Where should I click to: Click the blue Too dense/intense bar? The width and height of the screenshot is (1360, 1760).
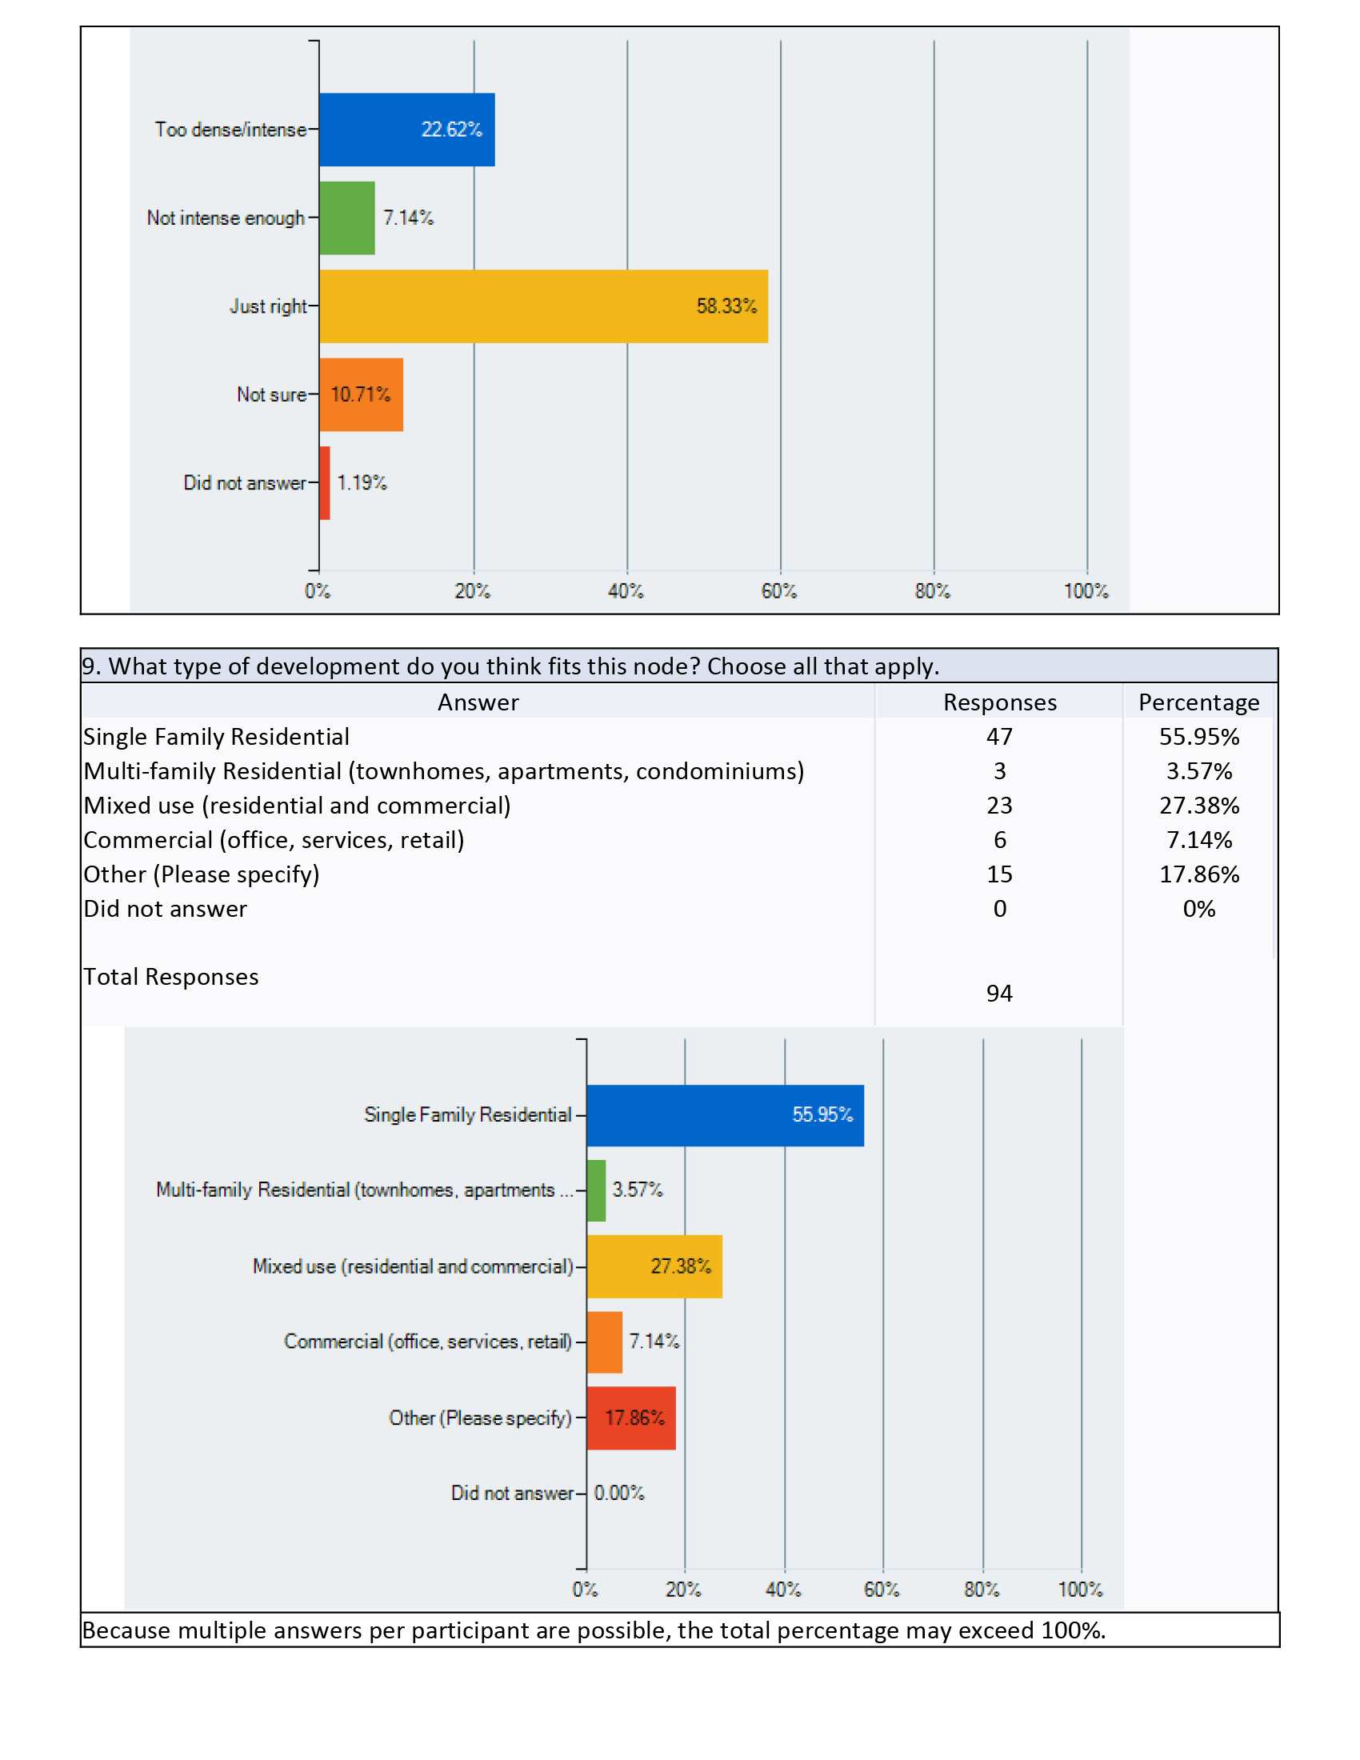[407, 130]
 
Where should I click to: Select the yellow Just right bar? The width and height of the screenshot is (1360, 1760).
[544, 306]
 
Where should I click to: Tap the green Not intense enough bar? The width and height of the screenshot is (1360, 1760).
[347, 218]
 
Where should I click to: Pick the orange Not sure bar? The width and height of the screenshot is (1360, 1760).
[361, 395]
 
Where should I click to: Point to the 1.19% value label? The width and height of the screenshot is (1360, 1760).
[362, 482]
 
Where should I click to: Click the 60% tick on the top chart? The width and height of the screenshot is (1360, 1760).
[779, 590]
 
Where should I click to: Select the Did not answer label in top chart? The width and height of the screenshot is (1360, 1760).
[245, 482]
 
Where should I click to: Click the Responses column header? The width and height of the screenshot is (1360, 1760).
[1000, 702]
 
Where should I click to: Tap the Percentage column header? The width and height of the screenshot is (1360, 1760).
[1199, 702]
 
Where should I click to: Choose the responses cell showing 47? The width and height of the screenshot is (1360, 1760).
[1000, 737]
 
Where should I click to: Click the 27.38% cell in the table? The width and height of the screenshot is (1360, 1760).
[1199, 806]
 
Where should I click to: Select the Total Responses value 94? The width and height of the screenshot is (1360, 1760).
[1000, 993]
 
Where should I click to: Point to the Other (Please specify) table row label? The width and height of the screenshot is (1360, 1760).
[202, 874]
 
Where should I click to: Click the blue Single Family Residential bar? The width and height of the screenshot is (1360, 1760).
[725, 1115]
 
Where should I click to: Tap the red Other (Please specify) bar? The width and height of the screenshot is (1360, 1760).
[631, 1418]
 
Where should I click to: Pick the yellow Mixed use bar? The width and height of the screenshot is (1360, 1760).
[654, 1266]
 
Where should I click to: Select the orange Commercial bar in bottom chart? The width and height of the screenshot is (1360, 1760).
[604, 1342]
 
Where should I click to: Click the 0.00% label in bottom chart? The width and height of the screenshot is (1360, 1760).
[618, 1494]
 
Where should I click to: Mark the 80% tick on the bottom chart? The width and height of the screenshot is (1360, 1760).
[982, 1589]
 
